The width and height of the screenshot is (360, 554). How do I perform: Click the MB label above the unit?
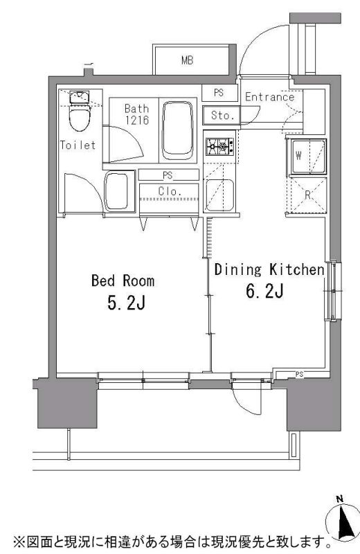[x=187, y=60]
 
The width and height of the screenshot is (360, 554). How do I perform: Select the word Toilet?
[x=78, y=145]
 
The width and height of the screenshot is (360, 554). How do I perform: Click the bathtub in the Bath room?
[x=178, y=129]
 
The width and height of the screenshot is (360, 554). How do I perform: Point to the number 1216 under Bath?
[x=136, y=120]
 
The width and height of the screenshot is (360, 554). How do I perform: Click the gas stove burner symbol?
[x=219, y=147]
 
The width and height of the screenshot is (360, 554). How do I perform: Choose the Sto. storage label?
[x=222, y=115]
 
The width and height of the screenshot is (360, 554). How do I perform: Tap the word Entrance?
[x=269, y=96]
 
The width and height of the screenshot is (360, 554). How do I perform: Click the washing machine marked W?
[x=307, y=157]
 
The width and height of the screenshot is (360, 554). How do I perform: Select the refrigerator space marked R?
[x=307, y=195]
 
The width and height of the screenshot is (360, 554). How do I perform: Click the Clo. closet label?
[x=170, y=192]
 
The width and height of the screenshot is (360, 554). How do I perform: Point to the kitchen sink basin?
[x=219, y=196]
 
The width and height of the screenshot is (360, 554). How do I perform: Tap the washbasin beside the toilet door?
[x=120, y=191]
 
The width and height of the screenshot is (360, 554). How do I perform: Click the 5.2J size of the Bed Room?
[x=126, y=303]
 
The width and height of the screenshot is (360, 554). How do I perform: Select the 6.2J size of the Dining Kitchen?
[x=264, y=292]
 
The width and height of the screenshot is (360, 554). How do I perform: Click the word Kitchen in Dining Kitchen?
[x=297, y=270]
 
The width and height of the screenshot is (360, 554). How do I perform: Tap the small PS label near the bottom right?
[x=300, y=375]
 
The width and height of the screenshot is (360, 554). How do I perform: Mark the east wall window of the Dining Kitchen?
[x=333, y=291]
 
